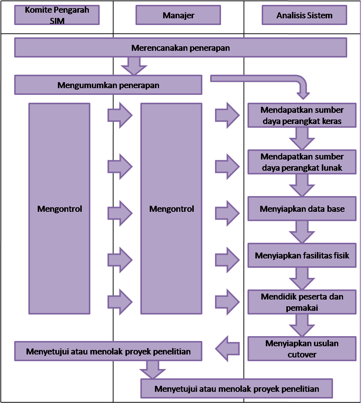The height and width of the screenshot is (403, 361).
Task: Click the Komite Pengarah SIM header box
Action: pyautogui.click(x=57, y=15)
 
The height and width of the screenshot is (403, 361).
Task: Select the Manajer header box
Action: pyautogui.click(x=178, y=15)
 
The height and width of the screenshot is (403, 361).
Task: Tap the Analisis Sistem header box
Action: pyautogui.click(x=304, y=15)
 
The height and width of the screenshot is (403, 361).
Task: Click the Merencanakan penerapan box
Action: pyautogui.click(x=181, y=47)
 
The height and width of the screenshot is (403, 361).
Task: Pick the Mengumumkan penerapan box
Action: pyautogui.click(x=108, y=85)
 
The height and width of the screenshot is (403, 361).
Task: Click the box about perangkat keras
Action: pyautogui.click(x=302, y=115)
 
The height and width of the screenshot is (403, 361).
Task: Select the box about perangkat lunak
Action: pyautogui.click(x=302, y=162)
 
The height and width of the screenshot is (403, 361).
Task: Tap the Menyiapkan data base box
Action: pyautogui.click(x=302, y=209)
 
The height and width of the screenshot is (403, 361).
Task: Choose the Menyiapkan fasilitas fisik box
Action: pyautogui.click(x=302, y=255)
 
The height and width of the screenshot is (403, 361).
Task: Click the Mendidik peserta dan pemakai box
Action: pyautogui.click(x=302, y=302)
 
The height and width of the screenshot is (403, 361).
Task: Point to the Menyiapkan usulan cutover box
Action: pyautogui.click(x=302, y=349)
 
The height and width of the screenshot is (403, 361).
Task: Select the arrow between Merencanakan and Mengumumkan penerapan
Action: pyautogui.click(x=134, y=66)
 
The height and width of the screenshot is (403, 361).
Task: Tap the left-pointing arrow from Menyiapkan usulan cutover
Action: pyautogui.click(x=227, y=349)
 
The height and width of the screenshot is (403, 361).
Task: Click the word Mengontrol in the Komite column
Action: pyautogui.click(x=60, y=209)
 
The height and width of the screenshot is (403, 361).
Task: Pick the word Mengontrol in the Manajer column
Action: pyautogui.click(x=171, y=209)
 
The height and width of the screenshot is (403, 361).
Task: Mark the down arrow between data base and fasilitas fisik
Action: pyautogui.click(x=302, y=232)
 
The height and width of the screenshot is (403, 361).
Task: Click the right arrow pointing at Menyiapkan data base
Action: pyautogui.click(x=227, y=213)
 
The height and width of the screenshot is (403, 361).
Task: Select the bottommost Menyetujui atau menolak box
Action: pyautogui.click(x=237, y=388)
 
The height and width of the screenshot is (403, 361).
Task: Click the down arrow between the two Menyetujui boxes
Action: pyautogui.click(x=153, y=370)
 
